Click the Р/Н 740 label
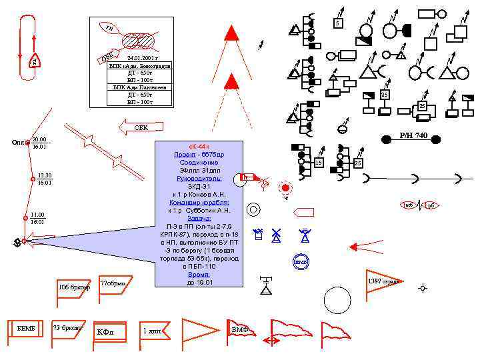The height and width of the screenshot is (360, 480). tap(413, 136)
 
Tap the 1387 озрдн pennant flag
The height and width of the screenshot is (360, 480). tap(383, 281)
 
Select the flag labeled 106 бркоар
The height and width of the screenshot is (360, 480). tap(74, 287)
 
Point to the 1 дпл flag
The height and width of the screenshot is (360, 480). tap(153, 329)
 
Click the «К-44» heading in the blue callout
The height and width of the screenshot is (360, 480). tap(199, 147)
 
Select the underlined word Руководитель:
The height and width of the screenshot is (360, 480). tap(199, 178)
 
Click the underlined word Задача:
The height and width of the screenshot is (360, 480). tap(199, 218)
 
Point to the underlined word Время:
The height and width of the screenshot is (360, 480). tap(199, 274)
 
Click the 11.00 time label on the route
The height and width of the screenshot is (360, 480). tap(37, 215)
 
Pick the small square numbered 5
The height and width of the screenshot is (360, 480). tap(338, 24)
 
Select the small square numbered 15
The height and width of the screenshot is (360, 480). tap(319, 162)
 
